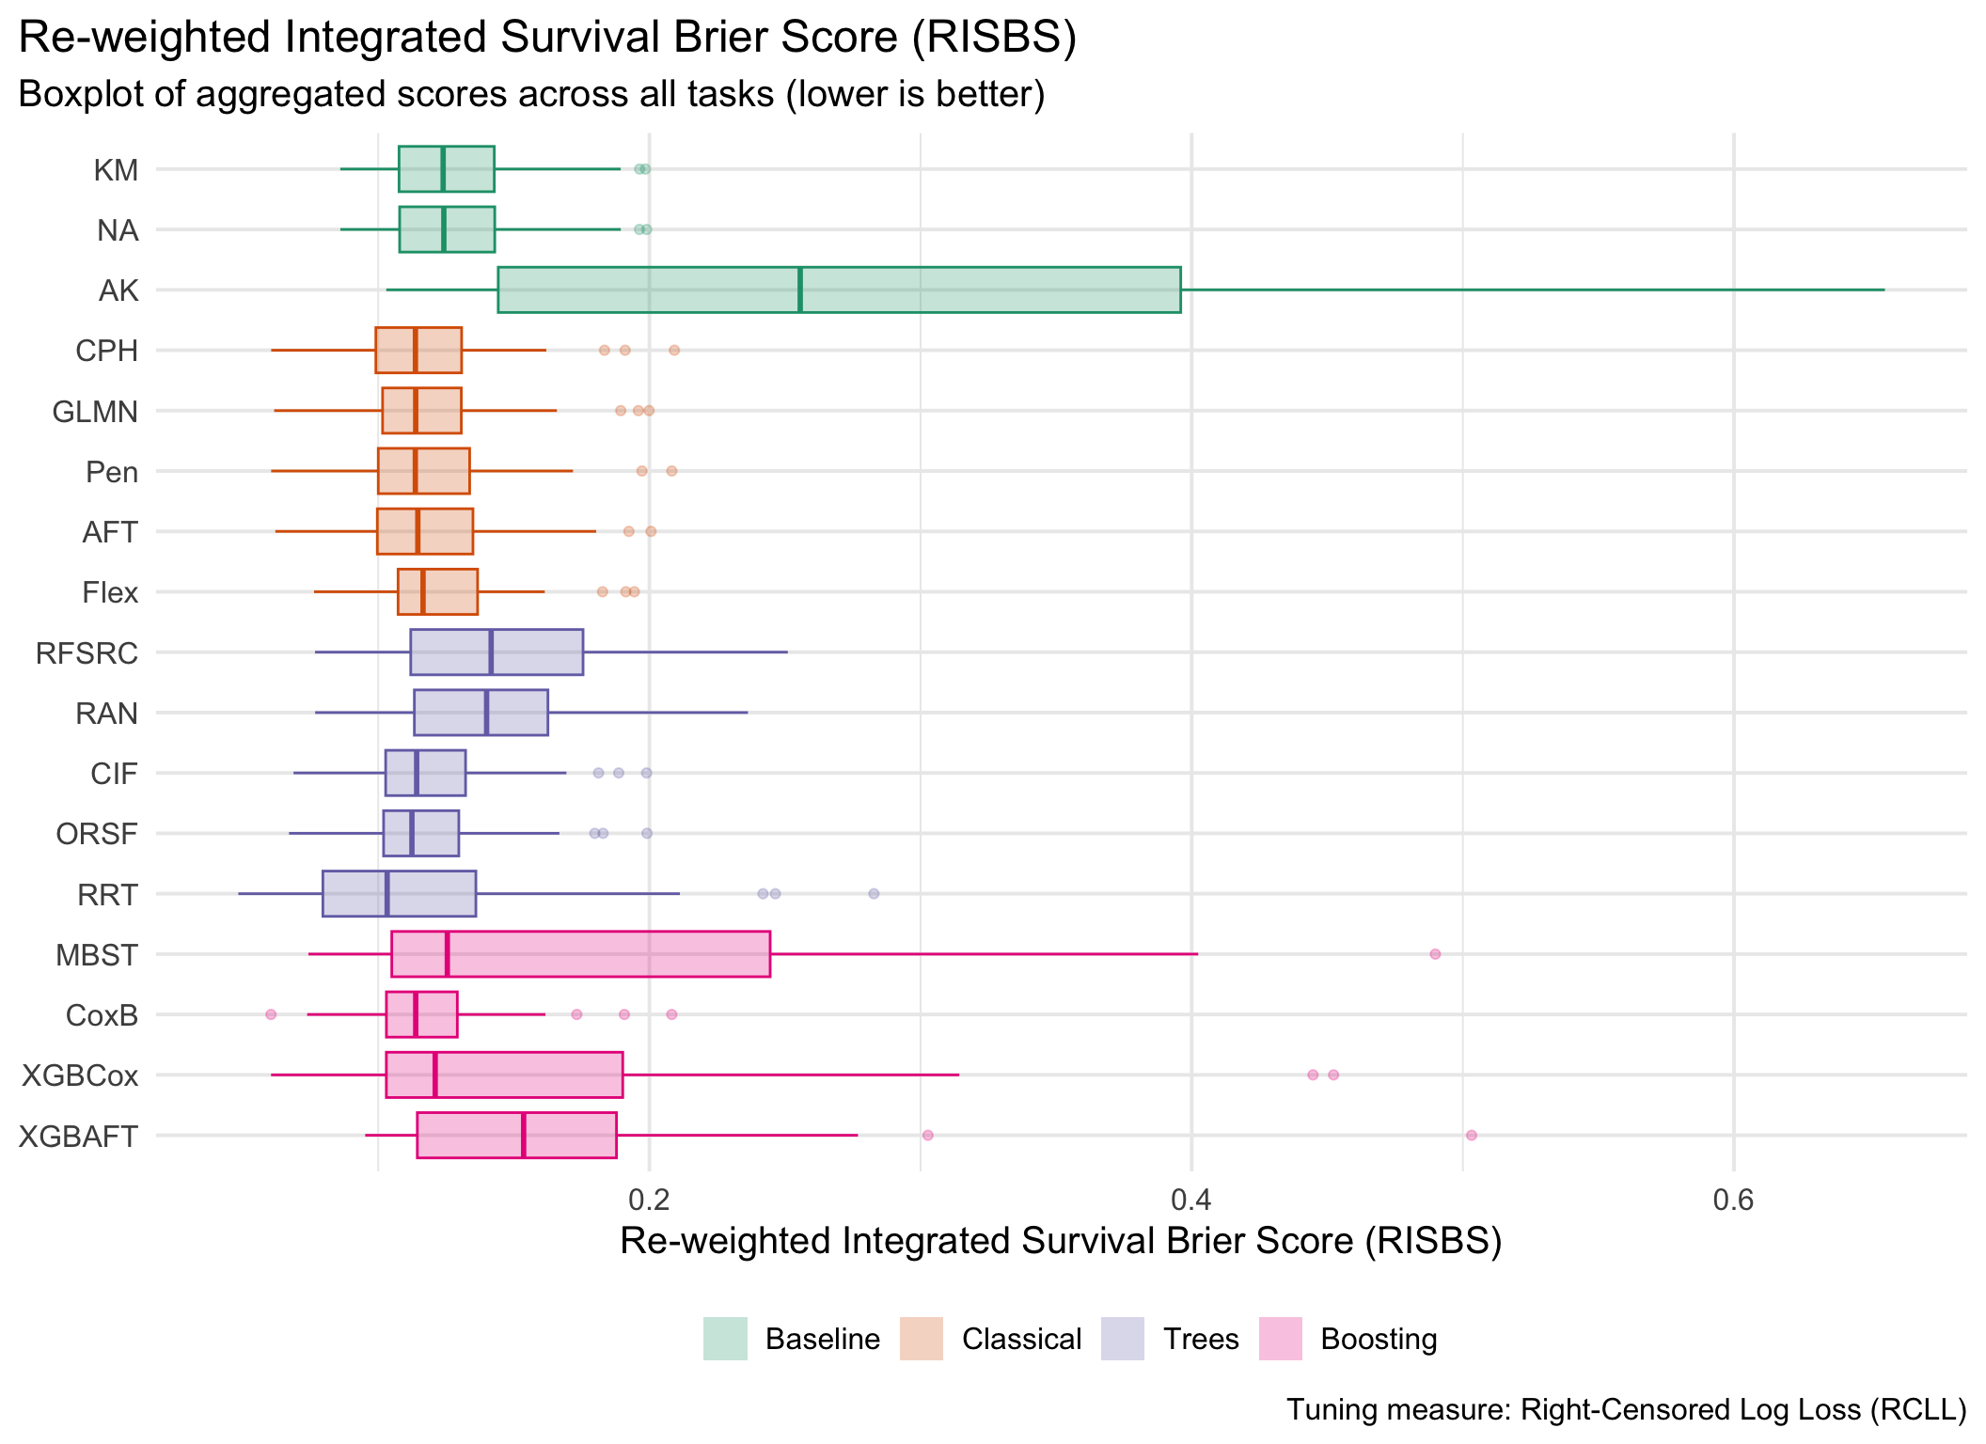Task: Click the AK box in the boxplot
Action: click(x=839, y=290)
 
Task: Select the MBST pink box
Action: click(x=580, y=954)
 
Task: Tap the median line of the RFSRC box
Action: click(x=491, y=652)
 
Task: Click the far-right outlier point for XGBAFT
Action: click(x=1472, y=1136)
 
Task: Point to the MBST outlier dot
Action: click(x=1435, y=954)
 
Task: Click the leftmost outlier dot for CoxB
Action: click(x=271, y=1014)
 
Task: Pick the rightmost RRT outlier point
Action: click(x=874, y=894)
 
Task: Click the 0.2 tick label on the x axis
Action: click(x=649, y=1201)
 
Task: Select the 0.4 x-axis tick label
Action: click(x=1191, y=1201)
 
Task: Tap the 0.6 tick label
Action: click(x=1734, y=1201)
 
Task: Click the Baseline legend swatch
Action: click(x=725, y=1339)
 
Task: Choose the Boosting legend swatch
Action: click(x=1280, y=1339)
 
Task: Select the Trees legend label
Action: click(x=1201, y=1339)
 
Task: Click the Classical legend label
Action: click(x=1021, y=1339)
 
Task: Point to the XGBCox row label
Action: click(x=80, y=1075)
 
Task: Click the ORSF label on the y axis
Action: click(x=97, y=834)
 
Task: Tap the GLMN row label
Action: click(x=95, y=412)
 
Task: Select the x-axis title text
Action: click(x=1061, y=1241)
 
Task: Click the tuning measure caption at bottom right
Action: click(x=1626, y=1410)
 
